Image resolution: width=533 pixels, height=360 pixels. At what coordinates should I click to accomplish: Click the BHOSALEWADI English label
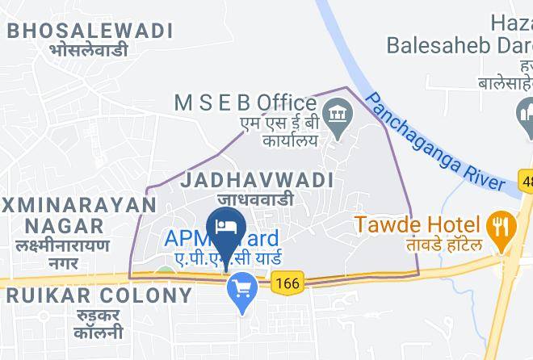90,31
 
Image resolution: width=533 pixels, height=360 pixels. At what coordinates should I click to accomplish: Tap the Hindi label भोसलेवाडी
90,50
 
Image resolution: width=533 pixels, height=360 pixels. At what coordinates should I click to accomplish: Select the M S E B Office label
246,103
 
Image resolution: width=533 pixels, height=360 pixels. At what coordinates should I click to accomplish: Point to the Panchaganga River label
435,142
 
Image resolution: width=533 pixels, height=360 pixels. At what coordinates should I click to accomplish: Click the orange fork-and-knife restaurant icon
501,225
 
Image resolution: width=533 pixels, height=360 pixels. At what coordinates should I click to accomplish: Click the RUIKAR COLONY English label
99,295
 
